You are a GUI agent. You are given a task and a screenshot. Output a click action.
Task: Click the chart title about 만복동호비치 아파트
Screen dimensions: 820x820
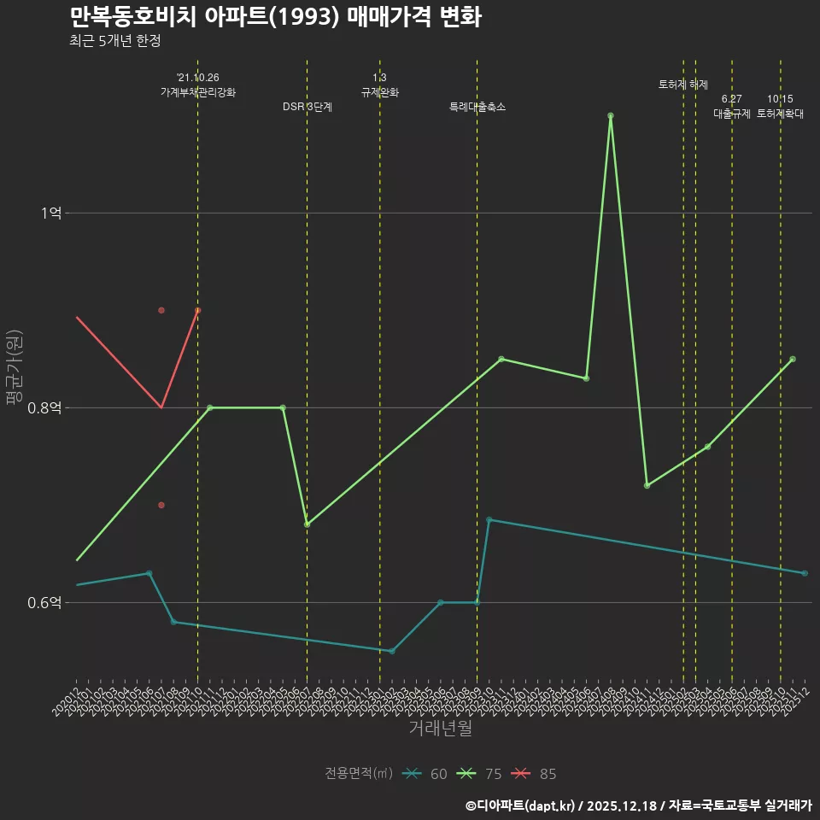(x=275, y=17)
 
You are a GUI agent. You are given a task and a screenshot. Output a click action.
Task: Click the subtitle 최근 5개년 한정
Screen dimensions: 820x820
(x=114, y=40)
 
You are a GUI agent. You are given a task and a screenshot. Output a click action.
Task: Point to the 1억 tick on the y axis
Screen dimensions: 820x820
(x=52, y=213)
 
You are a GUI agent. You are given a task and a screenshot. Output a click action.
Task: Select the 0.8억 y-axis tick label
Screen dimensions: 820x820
(x=45, y=408)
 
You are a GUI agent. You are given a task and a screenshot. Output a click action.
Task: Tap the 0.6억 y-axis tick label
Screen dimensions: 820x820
(x=45, y=603)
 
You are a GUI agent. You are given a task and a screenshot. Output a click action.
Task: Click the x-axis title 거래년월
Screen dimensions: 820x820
(x=440, y=729)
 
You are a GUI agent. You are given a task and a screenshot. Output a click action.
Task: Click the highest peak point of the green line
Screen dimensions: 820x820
(x=611, y=115)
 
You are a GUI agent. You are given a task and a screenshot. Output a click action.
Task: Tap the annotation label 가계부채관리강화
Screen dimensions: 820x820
(x=198, y=92)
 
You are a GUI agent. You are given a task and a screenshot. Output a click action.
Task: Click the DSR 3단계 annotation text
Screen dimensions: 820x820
(x=307, y=107)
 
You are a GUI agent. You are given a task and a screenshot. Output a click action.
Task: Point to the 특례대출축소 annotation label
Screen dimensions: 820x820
(x=477, y=107)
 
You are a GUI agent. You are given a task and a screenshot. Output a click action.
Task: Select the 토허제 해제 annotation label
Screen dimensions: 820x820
(x=683, y=85)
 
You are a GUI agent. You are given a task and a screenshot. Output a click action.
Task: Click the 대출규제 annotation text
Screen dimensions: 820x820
(x=732, y=114)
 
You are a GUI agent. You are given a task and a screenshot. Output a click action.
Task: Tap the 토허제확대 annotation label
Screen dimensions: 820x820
(x=781, y=114)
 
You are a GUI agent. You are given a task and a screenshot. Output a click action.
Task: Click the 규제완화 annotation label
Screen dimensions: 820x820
(x=380, y=92)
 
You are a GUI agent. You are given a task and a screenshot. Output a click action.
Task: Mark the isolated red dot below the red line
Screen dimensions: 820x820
(x=161, y=505)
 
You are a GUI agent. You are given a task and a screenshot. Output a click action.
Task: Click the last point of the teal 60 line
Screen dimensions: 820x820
(x=805, y=573)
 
